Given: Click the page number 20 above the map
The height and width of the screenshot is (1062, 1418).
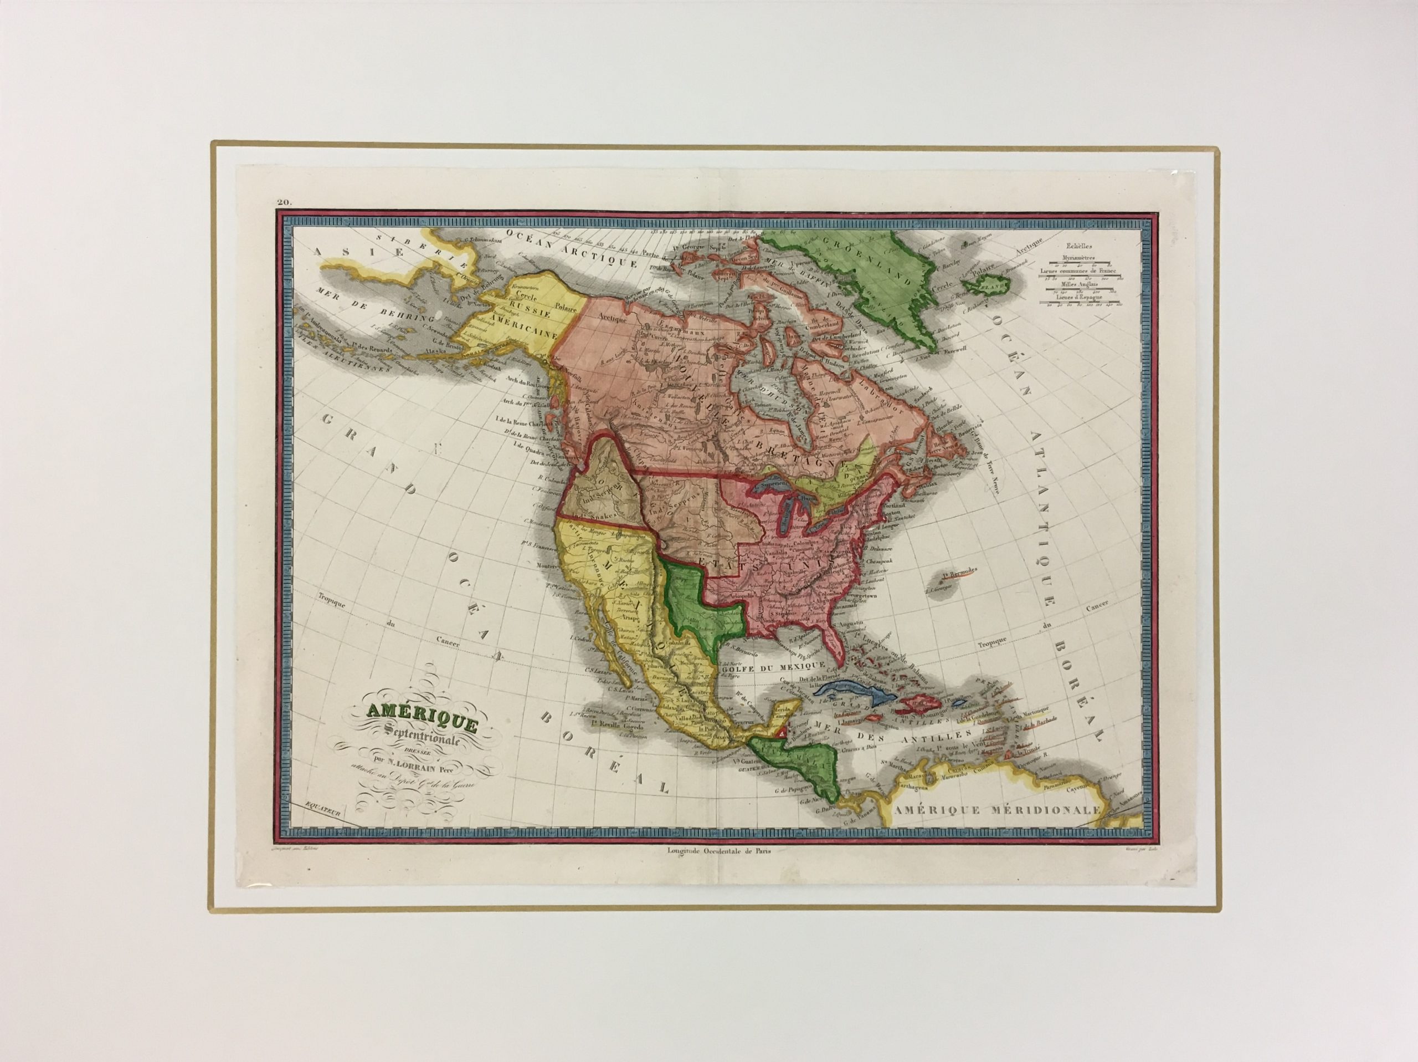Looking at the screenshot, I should pyautogui.click(x=284, y=204).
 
